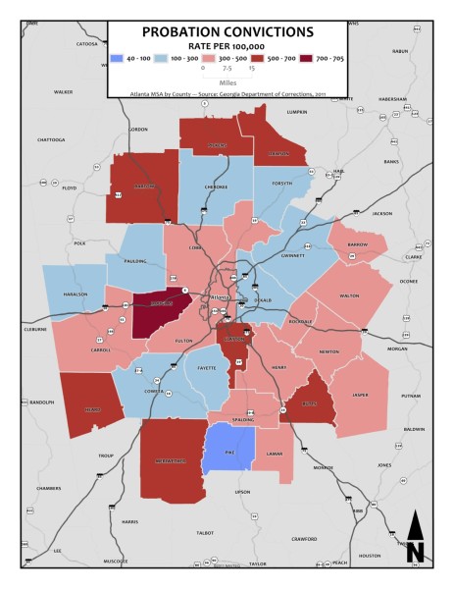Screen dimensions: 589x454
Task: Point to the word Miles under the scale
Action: (227, 82)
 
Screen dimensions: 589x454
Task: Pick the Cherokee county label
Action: (215, 185)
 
